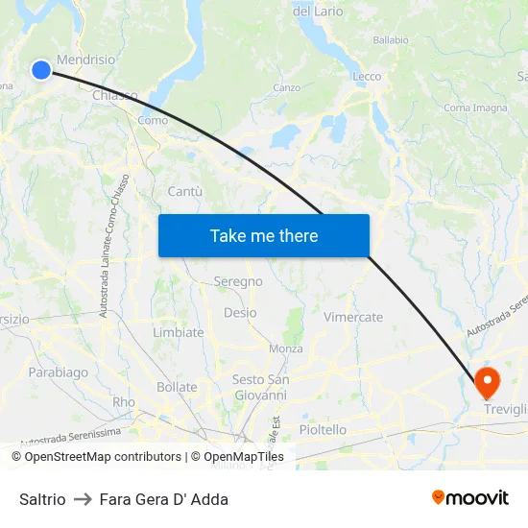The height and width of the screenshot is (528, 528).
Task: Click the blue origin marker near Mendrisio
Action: pos(40,69)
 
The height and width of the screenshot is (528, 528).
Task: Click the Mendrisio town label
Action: pos(86,59)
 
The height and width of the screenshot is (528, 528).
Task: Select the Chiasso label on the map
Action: pos(115,95)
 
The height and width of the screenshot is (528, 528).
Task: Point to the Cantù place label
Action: pos(185,192)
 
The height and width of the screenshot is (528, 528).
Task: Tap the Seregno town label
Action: pos(238,281)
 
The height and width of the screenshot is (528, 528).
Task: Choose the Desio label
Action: pos(240,313)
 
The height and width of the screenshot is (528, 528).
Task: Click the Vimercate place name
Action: pos(353,317)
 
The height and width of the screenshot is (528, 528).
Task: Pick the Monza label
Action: pos(286,348)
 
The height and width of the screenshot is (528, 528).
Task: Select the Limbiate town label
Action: pos(179,332)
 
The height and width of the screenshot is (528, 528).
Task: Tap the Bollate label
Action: pos(177,388)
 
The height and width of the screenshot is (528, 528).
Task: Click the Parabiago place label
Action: pos(58,372)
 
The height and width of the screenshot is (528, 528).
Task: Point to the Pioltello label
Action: pos(323,430)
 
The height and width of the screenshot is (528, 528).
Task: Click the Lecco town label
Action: pos(367,77)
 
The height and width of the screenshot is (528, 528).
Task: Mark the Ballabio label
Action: pos(391,40)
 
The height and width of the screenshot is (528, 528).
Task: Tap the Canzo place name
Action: pos(287,87)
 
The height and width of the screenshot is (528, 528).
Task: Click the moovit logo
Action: pos(470,498)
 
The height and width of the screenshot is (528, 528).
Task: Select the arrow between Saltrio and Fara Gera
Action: pos(83,499)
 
